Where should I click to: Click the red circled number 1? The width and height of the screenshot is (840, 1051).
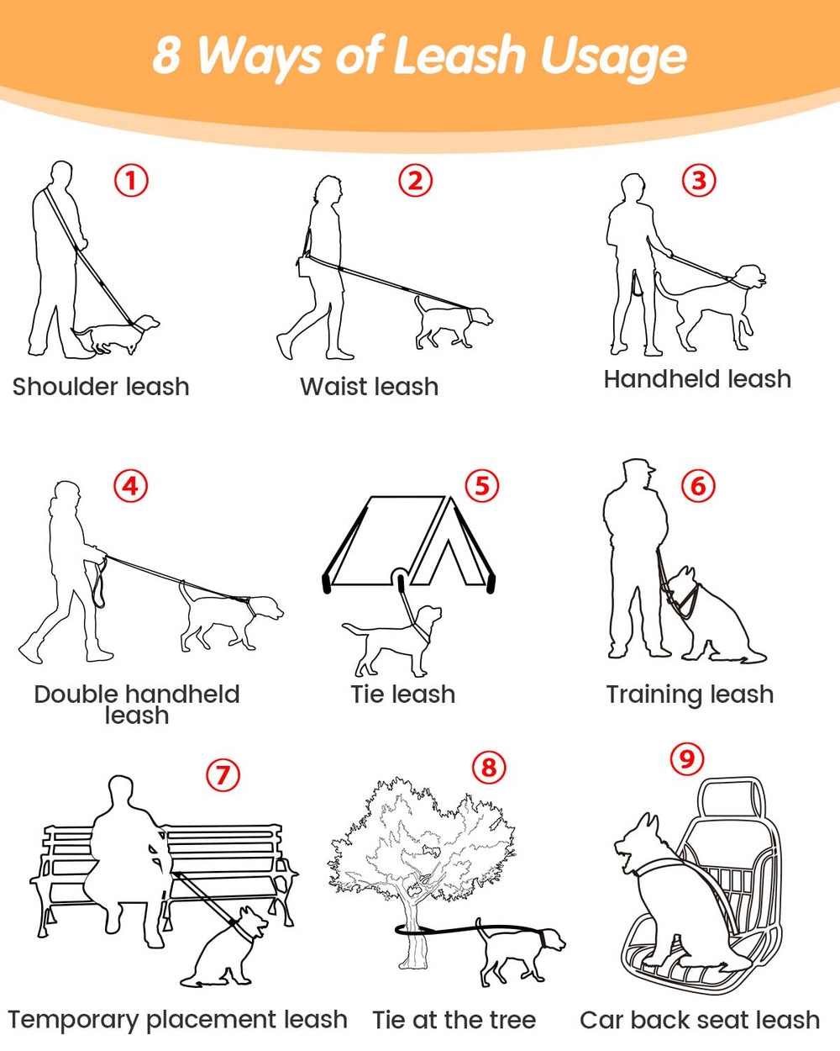coord(131,180)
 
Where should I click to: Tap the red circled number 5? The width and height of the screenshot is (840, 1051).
coord(482,486)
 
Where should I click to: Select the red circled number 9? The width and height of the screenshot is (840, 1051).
coord(687,759)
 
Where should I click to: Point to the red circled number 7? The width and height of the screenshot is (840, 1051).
coord(223,774)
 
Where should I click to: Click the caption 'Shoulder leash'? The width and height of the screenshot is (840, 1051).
coord(101,387)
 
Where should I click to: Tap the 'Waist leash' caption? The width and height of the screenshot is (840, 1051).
coord(370,387)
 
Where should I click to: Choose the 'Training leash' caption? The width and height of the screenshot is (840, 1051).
coord(690,695)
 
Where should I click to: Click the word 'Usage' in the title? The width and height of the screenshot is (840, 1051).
coord(613,57)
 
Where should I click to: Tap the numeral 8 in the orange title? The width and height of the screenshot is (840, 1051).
coord(168,55)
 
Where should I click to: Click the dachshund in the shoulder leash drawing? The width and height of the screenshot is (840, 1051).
coord(117,334)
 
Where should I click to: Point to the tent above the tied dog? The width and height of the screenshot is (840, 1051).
coord(409,542)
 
